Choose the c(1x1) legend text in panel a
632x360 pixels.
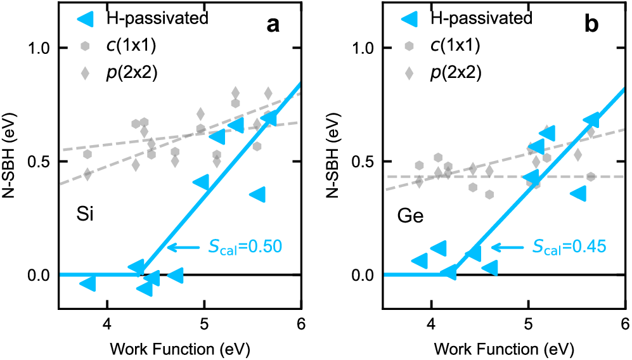tap(134, 46)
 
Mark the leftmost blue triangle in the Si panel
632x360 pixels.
tap(88, 284)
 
